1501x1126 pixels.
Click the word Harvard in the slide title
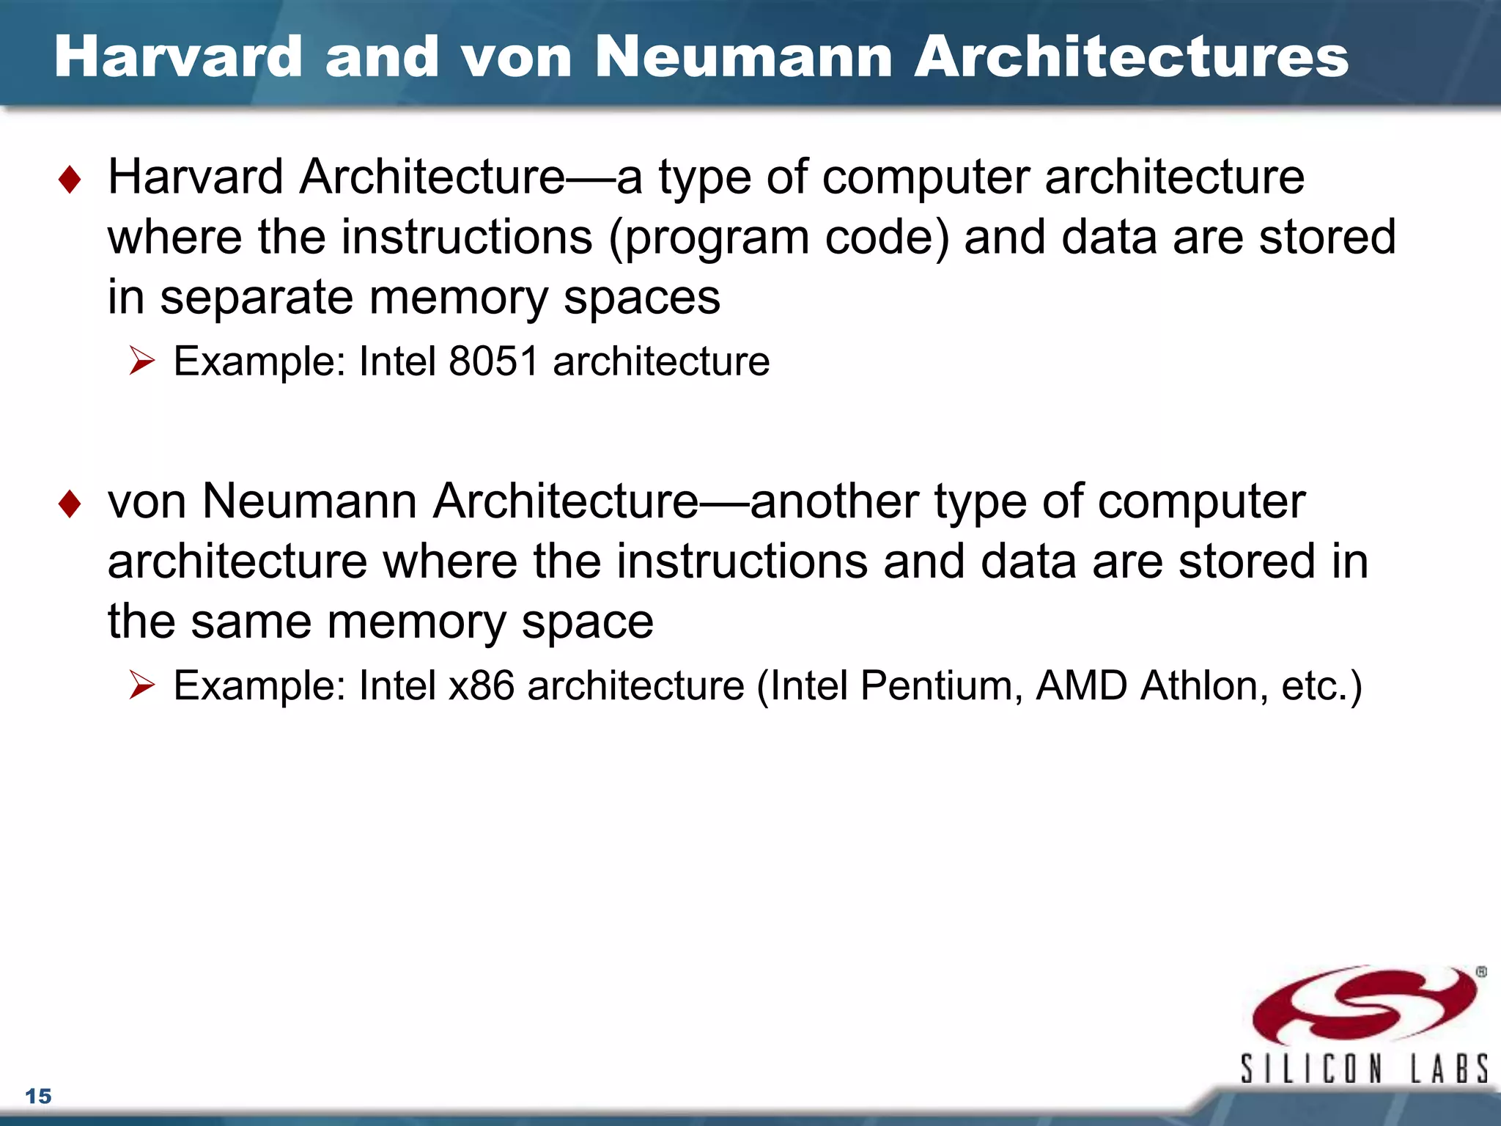tap(178, 57)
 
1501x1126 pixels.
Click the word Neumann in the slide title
tap(743, 57)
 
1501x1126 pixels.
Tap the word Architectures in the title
tap(1131, 57)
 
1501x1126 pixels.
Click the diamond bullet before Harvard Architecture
tap(70, 180)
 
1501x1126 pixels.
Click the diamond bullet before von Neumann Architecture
tap(70, 504)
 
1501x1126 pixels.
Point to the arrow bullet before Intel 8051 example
tap(141, 361)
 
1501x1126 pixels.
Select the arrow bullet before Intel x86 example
tap(141, 685)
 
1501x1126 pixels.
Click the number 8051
tap(493, 361)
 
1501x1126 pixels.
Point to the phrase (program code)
tap(779, 239)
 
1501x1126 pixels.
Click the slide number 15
tap(38, 1096)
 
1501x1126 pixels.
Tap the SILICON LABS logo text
tap(1363, 1068)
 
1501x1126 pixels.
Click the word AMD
tap(1081, 686)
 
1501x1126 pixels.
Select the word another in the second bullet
tap(834, 502)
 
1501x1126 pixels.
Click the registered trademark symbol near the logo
tap(1481, 972)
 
